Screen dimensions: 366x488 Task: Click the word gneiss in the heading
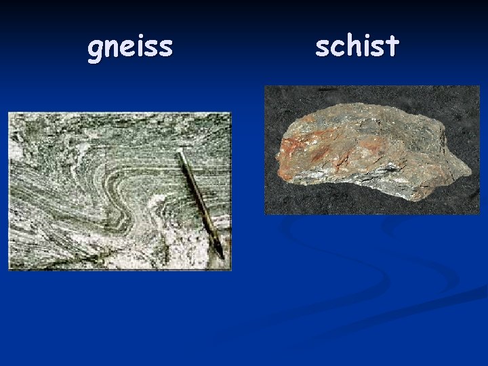click(x=130, y=47)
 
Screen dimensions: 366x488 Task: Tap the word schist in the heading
click(x=357, y=46)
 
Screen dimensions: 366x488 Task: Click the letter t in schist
click(x=394, y=45)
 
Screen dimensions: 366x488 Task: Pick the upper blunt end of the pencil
click(x=181, y=154)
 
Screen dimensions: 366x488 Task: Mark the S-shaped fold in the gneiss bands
click(x=129, y=197)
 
